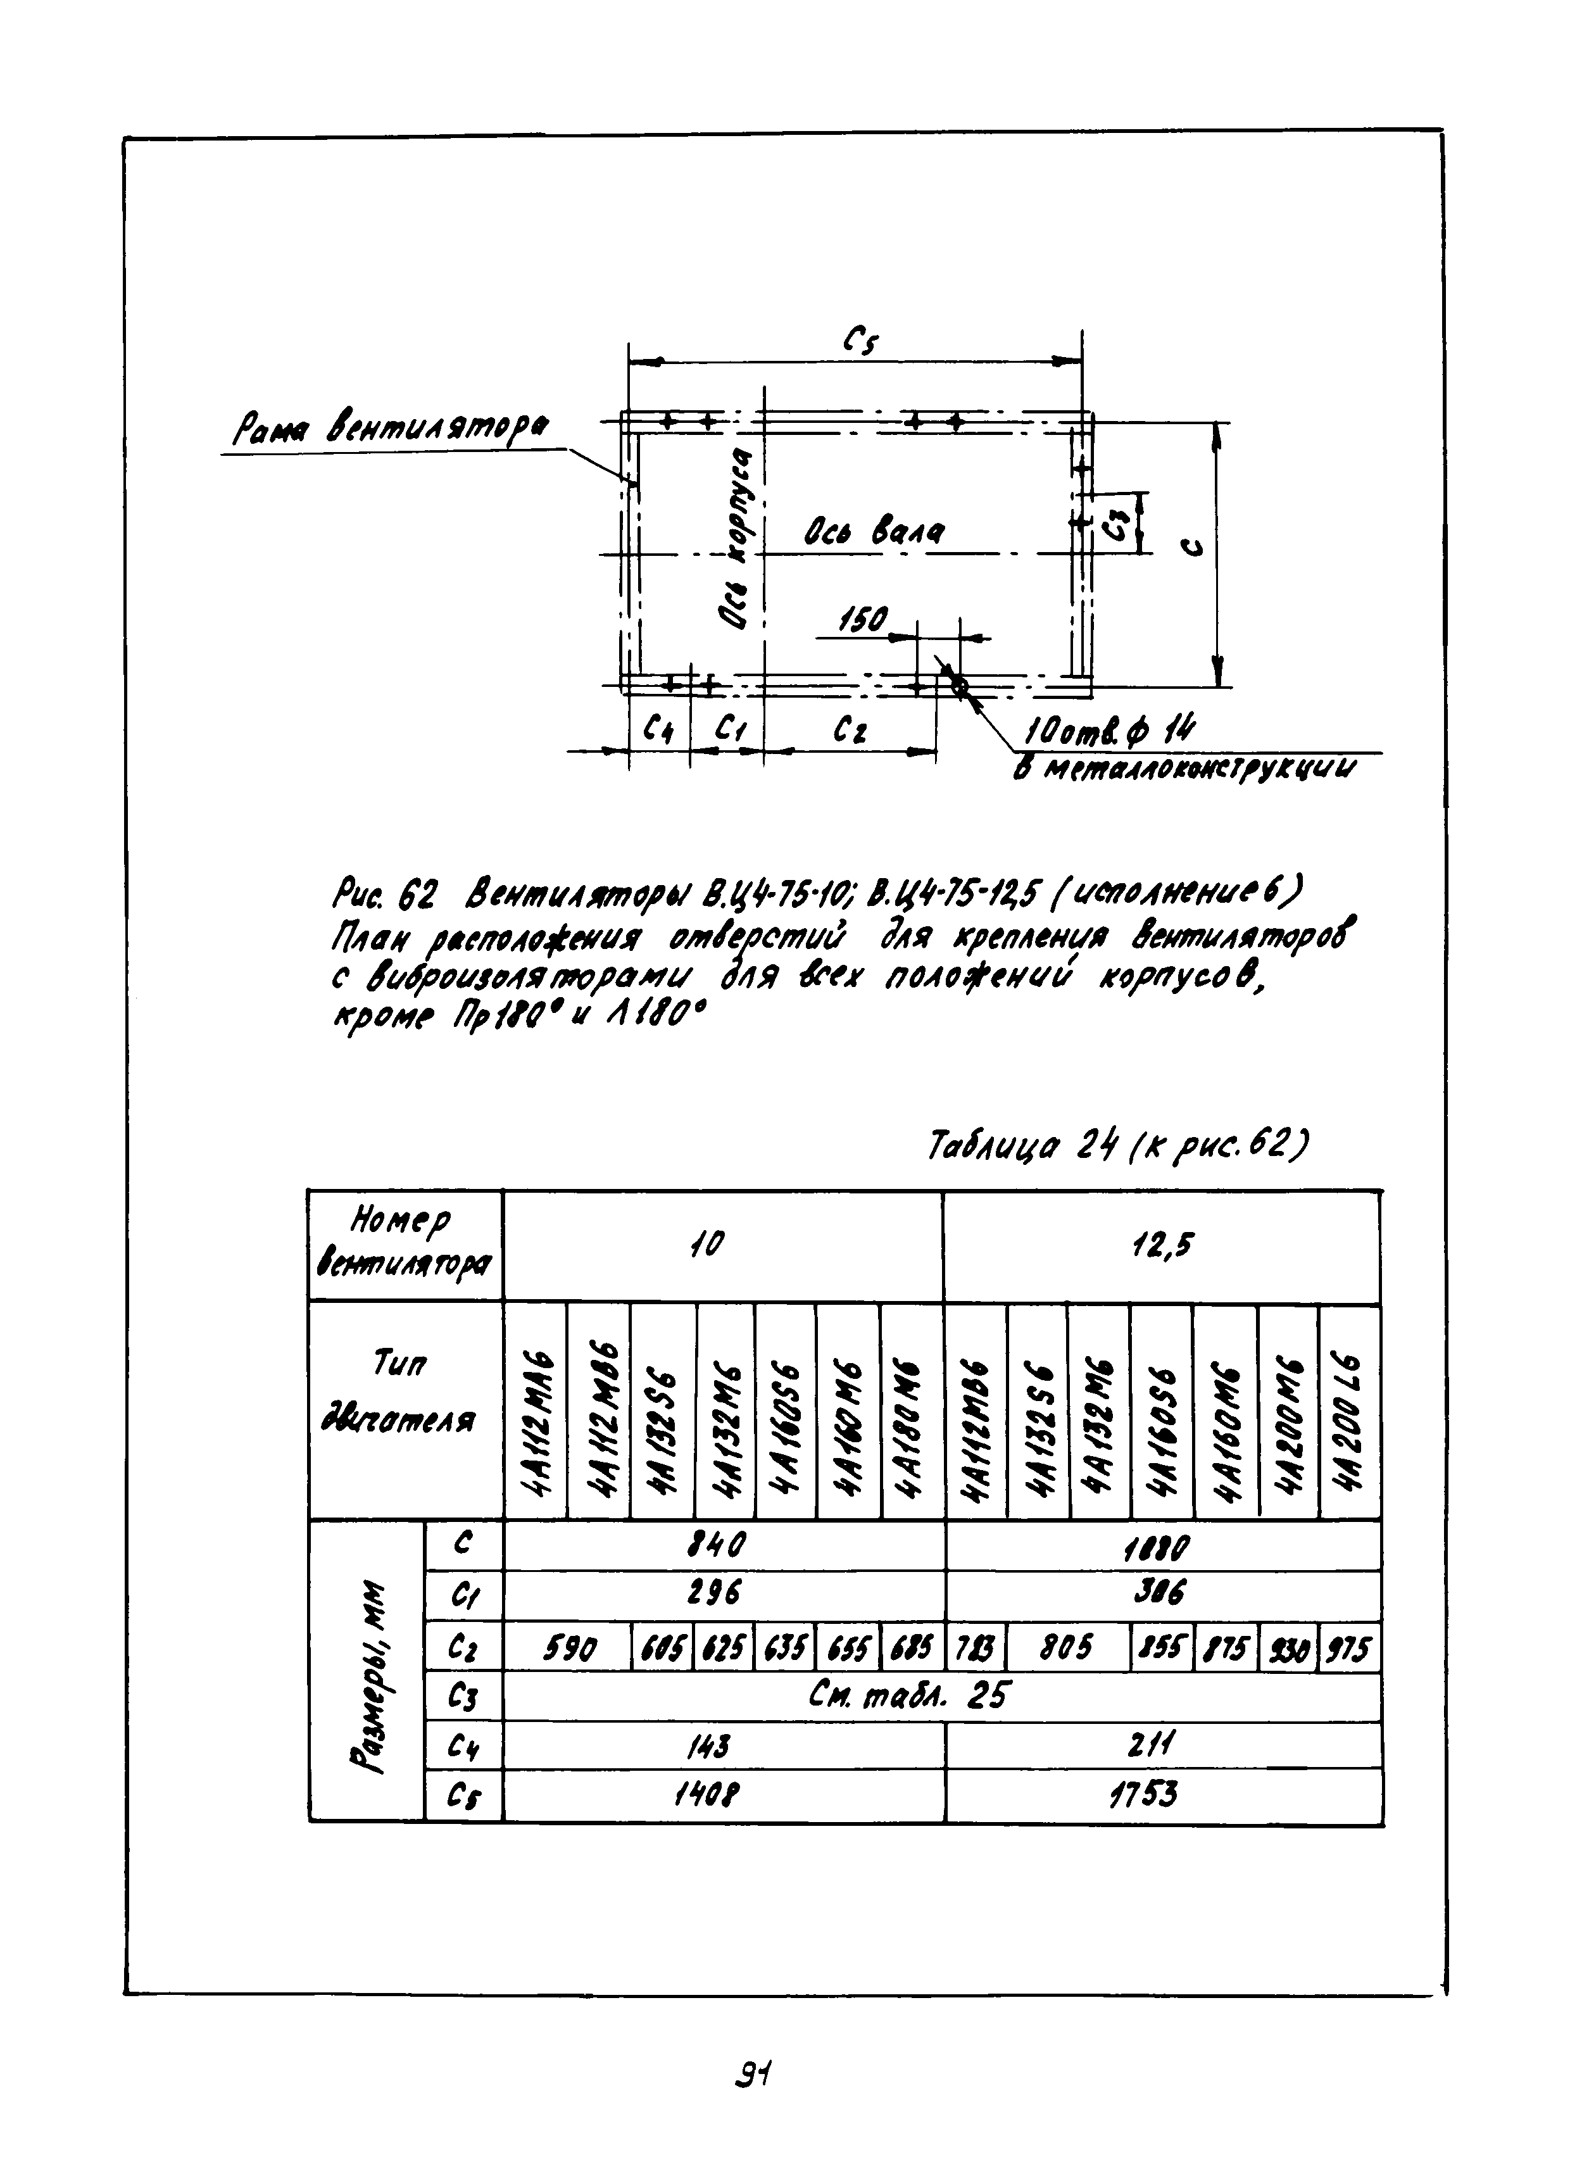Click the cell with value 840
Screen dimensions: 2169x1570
click(723, 1543)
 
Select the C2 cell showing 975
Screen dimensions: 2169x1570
click(1350, 1648)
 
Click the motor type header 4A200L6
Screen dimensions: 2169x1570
click(1349, 1412)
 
